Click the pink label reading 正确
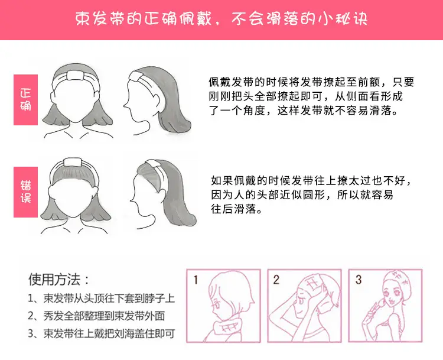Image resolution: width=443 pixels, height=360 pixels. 26,100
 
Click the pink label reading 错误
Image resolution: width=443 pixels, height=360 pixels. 26,192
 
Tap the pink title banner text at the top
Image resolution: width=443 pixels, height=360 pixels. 221,19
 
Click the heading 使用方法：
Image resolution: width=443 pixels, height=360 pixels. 59,280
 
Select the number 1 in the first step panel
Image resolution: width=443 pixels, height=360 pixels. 196,280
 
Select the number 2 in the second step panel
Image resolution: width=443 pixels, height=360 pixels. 276,280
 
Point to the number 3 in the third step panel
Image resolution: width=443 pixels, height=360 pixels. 359,280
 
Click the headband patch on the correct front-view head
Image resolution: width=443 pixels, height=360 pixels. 76,76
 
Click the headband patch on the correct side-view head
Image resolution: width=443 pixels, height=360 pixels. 135,77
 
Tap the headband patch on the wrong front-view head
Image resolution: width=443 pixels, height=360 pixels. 73,163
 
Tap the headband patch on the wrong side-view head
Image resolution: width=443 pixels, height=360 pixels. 152,163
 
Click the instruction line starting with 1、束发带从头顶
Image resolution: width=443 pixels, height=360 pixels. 102,299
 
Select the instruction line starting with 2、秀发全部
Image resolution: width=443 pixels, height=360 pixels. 96,316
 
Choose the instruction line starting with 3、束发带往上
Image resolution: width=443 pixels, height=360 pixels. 102,334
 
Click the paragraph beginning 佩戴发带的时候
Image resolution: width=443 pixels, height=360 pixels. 311,96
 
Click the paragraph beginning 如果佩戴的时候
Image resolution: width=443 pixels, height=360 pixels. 311,194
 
